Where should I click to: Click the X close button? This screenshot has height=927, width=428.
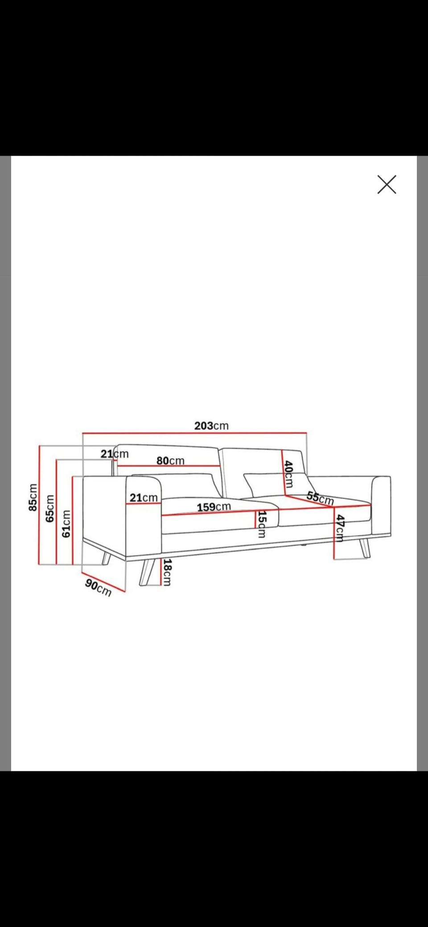387,184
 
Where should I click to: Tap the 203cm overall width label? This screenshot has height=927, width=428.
211,426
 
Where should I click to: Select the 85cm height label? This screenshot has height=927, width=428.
33,497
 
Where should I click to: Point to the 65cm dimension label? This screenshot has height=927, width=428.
50,508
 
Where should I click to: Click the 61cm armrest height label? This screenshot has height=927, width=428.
66,523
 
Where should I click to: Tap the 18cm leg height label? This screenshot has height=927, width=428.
167,573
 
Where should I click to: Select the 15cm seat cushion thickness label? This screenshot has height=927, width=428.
262,524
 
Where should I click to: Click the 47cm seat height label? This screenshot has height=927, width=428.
340,528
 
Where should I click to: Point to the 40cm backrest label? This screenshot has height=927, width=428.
288,475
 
